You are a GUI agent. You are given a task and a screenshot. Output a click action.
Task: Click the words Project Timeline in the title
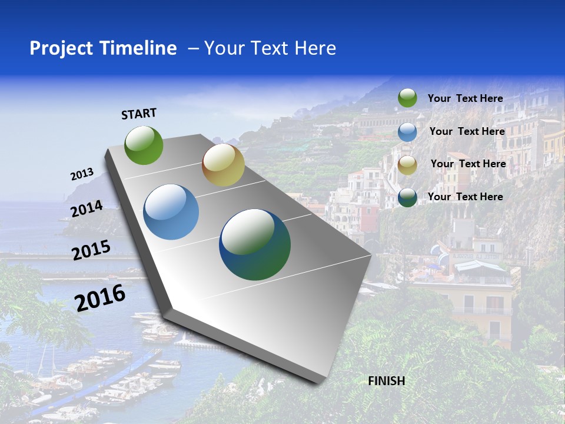click(103, 48)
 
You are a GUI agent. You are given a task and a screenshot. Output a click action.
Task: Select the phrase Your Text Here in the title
click(270, 48)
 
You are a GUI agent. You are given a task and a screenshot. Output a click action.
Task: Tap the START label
click(139, 114)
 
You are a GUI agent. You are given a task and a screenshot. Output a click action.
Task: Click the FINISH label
click(387, 381)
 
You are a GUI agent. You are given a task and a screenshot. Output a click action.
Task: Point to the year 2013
click(82, 174)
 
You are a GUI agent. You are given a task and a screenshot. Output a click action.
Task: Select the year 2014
click(87, 209)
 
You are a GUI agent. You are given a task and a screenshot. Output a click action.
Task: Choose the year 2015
click(91, 250)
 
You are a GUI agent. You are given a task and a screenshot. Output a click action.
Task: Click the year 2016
click(100, 298)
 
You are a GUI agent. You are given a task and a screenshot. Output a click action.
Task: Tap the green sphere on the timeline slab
click(144, 145)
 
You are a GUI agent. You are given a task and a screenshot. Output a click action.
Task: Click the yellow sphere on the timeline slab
click(223, 165)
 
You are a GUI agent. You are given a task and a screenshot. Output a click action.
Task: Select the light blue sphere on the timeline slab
click(171, 212)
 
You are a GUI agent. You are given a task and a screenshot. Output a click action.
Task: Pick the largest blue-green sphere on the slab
click(255, 244)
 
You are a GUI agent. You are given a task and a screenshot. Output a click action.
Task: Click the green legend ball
click(407, 98)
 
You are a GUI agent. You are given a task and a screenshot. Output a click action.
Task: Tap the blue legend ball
click(407, 132)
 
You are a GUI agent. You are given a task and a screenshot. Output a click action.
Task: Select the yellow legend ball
click(407, 165)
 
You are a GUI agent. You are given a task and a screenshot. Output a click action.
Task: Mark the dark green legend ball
click(407, 197)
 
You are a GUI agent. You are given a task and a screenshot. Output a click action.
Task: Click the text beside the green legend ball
click(465, 98)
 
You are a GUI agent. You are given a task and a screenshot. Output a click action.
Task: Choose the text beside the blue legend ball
click(467, 131)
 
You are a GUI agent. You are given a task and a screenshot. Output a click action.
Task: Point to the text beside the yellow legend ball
click(468, 164)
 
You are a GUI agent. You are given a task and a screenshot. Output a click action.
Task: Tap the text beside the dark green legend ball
click(465, 197)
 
